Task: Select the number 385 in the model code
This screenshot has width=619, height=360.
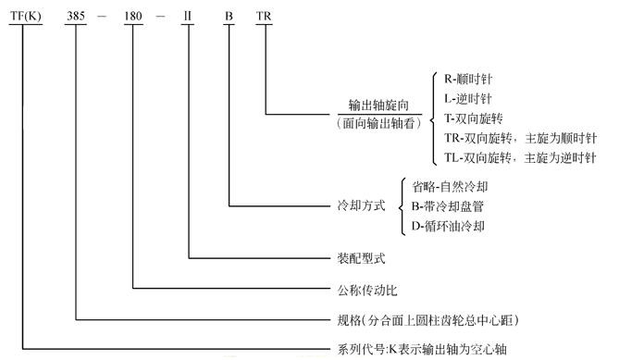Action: click(78, 16)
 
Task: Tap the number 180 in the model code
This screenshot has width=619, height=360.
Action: click(134, 16)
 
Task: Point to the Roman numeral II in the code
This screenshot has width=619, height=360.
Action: click(188, 16)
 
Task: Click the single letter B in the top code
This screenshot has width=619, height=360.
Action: click(229, 16)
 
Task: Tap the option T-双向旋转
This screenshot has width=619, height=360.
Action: click(474, 118)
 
